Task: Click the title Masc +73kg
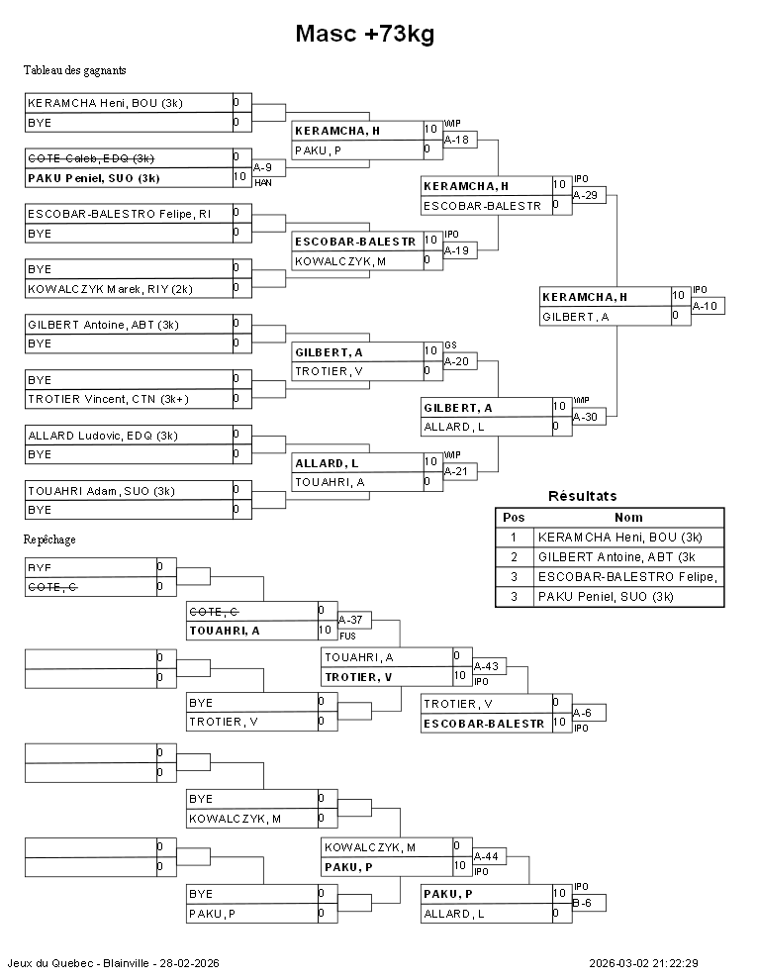point(365,35)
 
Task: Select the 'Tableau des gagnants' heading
point(74,70)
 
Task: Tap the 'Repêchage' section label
point(49,539)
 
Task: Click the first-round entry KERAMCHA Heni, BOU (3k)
point(105,103)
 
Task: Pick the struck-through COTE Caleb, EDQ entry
point(90,158)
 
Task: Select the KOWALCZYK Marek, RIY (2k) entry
point(110,288)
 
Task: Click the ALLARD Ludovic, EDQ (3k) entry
point(103,436)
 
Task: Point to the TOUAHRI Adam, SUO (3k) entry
point(101,491)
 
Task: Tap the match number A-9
point(263,168)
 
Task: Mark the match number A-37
point(351,621)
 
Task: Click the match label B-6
point(583,903)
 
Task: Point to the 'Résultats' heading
point(582,496)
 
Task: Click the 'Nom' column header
point(628,517)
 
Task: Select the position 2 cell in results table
point(514,557)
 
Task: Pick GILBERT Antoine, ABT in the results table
point(619,557)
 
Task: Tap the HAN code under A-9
point(262,183)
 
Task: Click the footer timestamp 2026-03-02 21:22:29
point(643,963)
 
